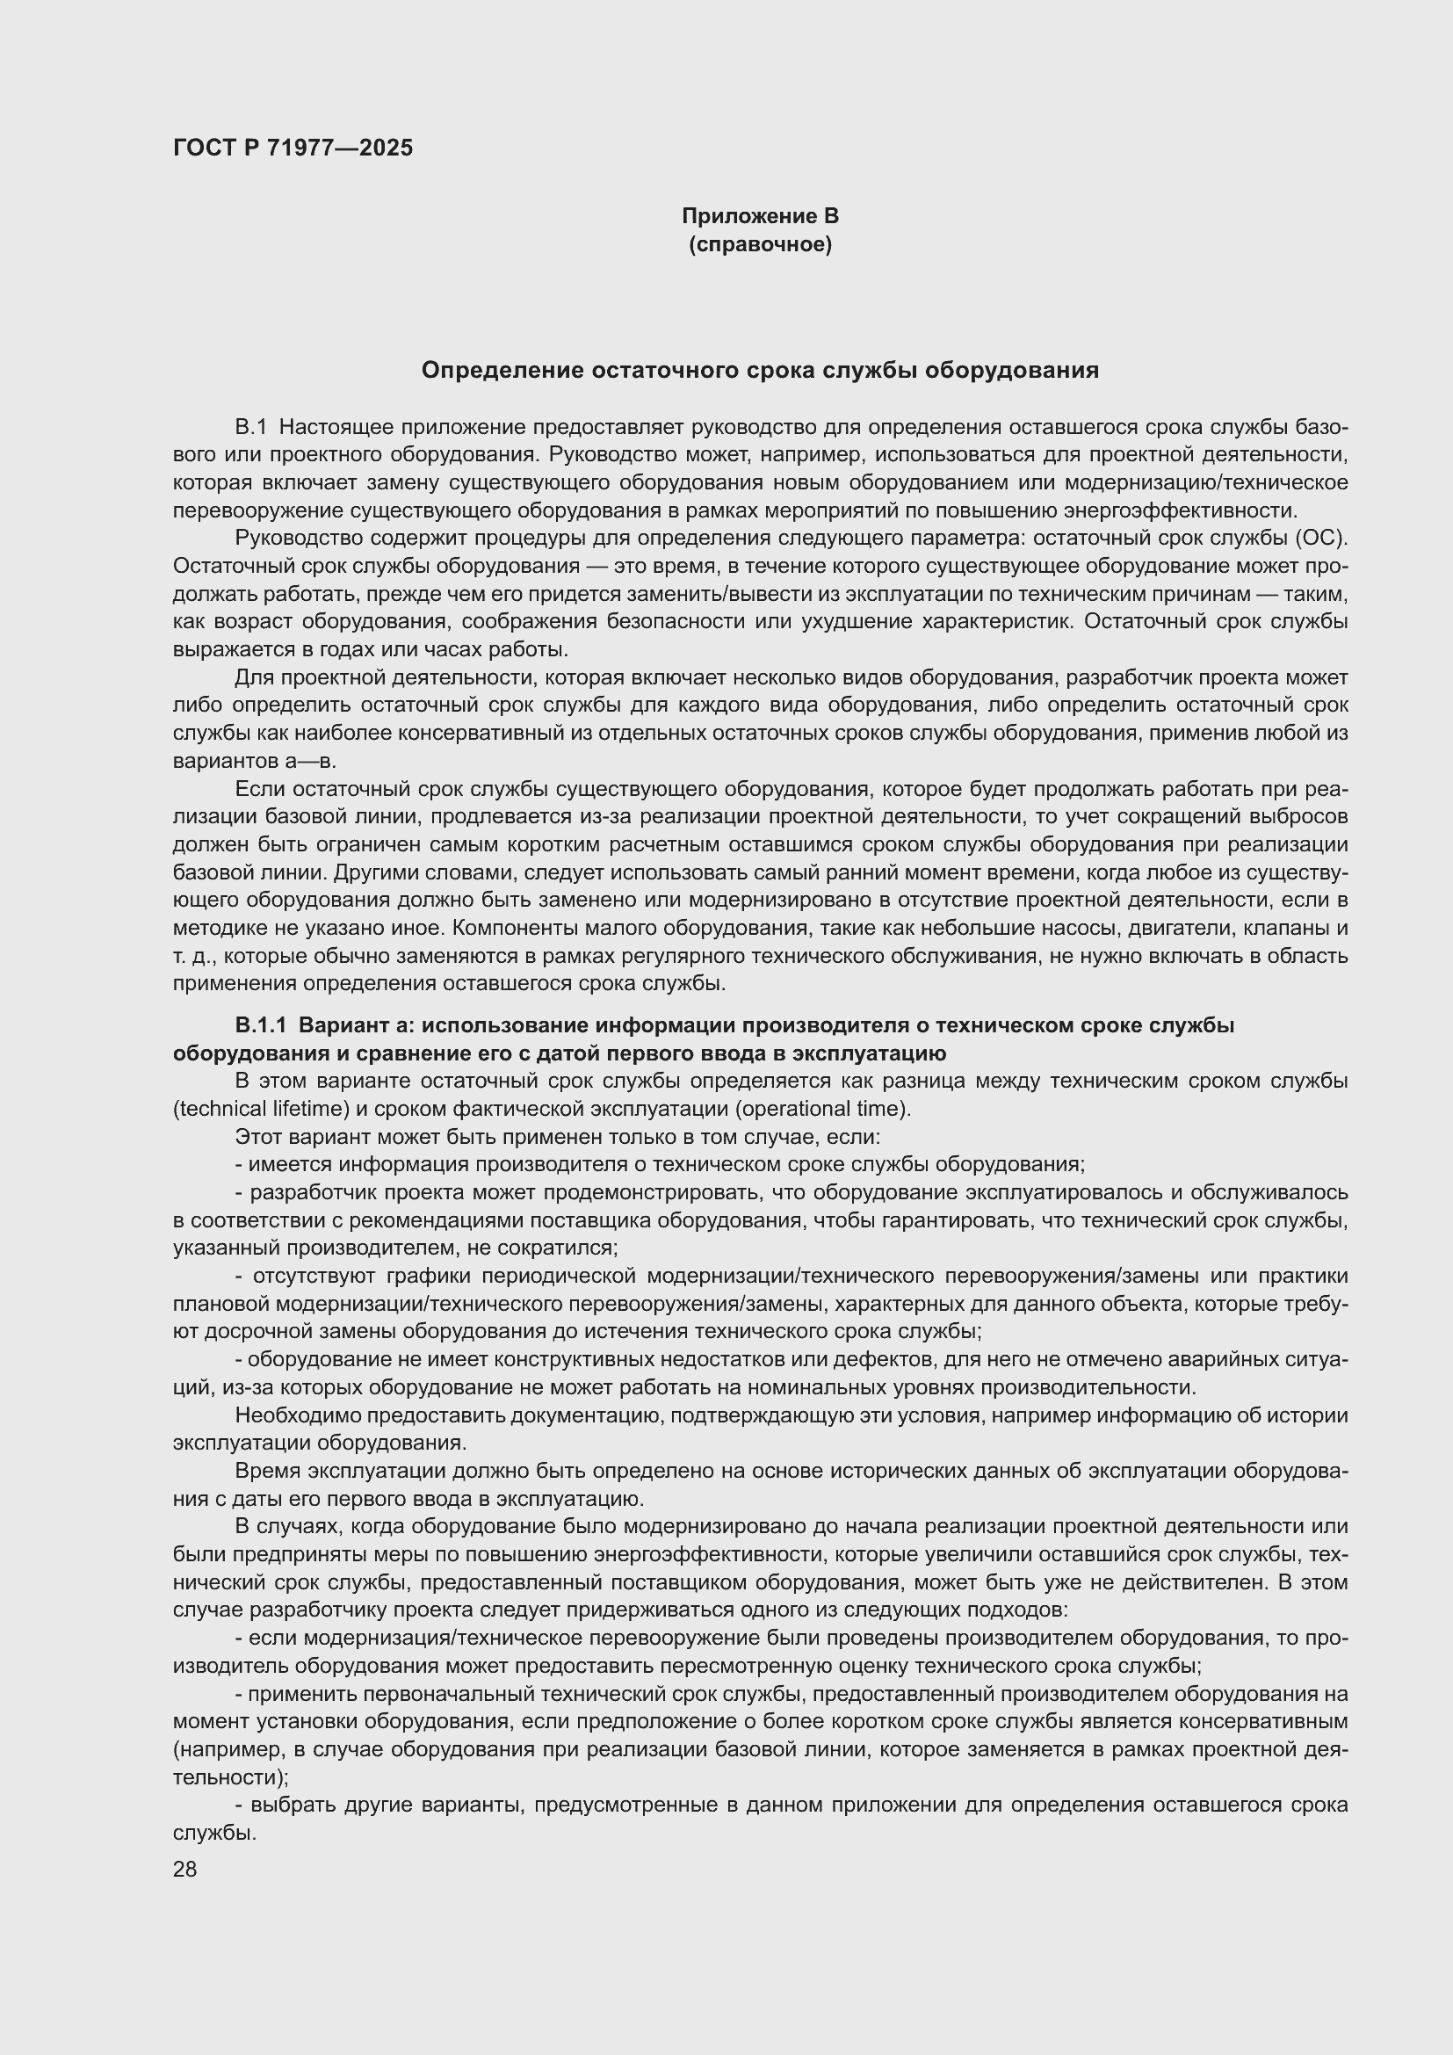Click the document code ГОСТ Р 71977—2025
click(x=293, y=148)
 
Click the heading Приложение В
click(x=760, y=216)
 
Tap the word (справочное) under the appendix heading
click(x=760, y=244)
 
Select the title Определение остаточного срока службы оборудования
click(x=760, y=371)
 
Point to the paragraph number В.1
click(x=250, y=428)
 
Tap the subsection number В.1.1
click(x=260, y=1025)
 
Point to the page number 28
click(x=184, y=1869)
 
